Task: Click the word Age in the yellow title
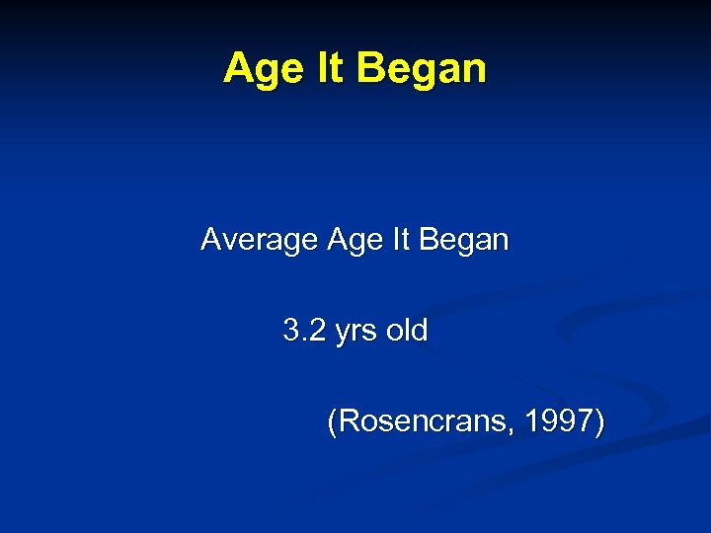click(x=259, y=70)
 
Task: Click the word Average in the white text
click(x=259, y=241)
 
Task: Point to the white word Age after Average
click(x=354, y=241)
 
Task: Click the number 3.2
click(x=304, y=331)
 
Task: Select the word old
click(x=407, y=331)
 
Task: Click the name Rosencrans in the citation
click(x=423, y=422)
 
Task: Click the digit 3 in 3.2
click(x=291, y=331)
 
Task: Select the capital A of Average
click(x=210, y=239)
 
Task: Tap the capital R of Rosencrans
click(x=349, y=422)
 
